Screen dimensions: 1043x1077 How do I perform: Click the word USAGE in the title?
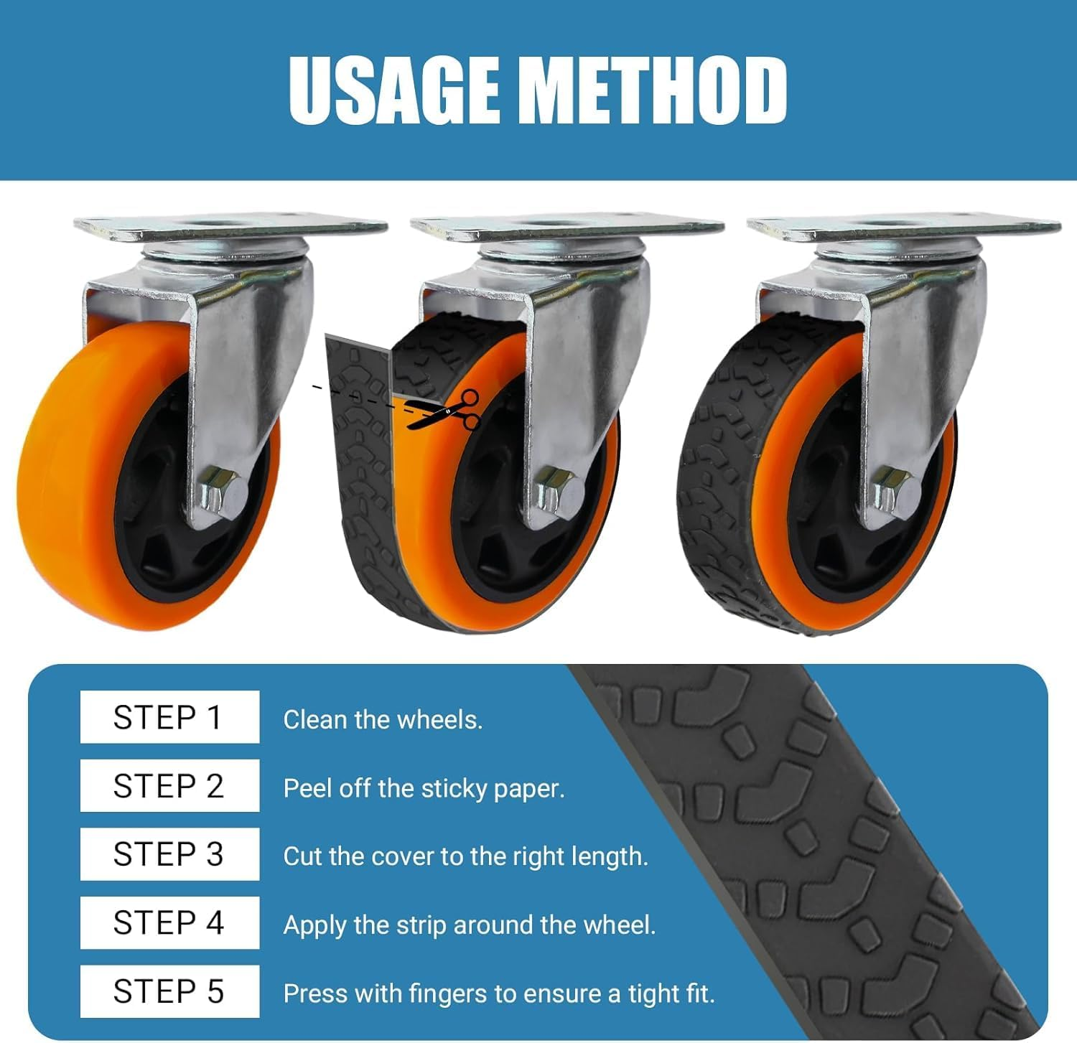(393, 90)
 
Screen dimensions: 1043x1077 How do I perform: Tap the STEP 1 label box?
(169, 717)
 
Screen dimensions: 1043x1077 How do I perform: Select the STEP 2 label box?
(169, 786)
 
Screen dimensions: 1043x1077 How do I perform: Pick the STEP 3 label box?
(169, 854)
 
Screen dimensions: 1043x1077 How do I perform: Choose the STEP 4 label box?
(169, 922)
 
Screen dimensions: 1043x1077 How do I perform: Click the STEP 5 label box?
(169, 991)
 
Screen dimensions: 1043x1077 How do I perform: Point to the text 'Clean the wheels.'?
(383, 719)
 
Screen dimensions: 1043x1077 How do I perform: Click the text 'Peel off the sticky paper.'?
(424, 788)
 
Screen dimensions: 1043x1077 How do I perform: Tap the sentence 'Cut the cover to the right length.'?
(465, 856)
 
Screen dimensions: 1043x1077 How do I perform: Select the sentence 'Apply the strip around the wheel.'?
(470, 925)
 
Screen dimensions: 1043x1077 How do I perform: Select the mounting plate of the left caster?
(230, 228)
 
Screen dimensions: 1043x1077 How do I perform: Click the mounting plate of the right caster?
(903, 228)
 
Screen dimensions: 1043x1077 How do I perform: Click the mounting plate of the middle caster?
(567, 228)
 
